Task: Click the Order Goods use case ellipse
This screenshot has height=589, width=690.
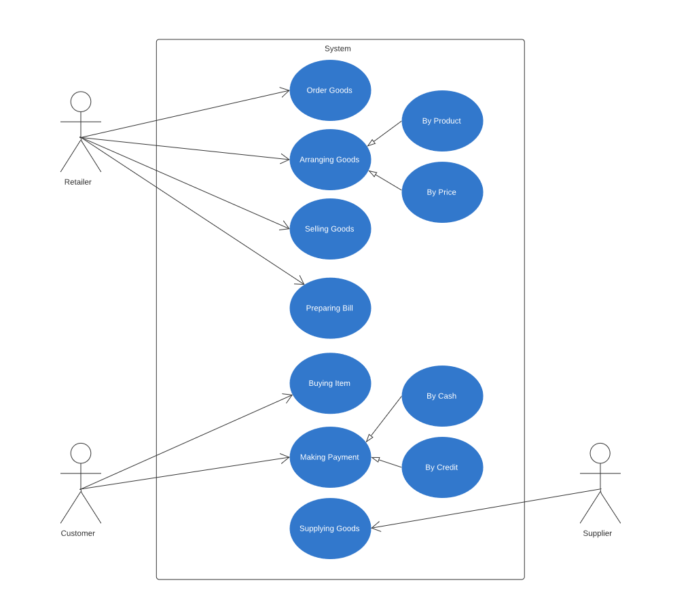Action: click(330, 90)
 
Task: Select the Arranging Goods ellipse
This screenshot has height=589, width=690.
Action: click(330, 160)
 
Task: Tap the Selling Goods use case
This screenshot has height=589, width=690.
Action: click(330, 229)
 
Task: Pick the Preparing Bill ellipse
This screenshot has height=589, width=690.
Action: click(330, 308)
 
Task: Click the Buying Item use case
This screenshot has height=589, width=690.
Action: click(330, 383)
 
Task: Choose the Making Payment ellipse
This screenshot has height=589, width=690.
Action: click(330, 457)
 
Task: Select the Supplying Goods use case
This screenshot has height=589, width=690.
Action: click(330, 529)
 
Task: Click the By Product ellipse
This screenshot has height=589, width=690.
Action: click(442, 121)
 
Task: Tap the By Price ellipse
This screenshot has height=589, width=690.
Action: click(442, 192)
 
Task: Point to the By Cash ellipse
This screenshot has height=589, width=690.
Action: click(442, 396)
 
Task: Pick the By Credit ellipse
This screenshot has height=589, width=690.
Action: click(442, 467)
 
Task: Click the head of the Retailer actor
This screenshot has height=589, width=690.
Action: click(81, 102)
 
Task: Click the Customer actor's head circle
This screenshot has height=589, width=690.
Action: click(81, 453)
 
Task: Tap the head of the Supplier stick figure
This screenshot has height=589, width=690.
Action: click(600, 453)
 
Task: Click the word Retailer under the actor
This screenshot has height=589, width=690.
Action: click(78, 182)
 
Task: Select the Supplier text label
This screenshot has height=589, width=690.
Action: click(597, 533)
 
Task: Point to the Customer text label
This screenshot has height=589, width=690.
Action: click(78, 533)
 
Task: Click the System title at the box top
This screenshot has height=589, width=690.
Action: click(338, 49)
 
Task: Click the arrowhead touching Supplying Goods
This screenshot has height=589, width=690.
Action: click(376, 527)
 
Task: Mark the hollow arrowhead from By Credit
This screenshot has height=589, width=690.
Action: click(376, 460)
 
